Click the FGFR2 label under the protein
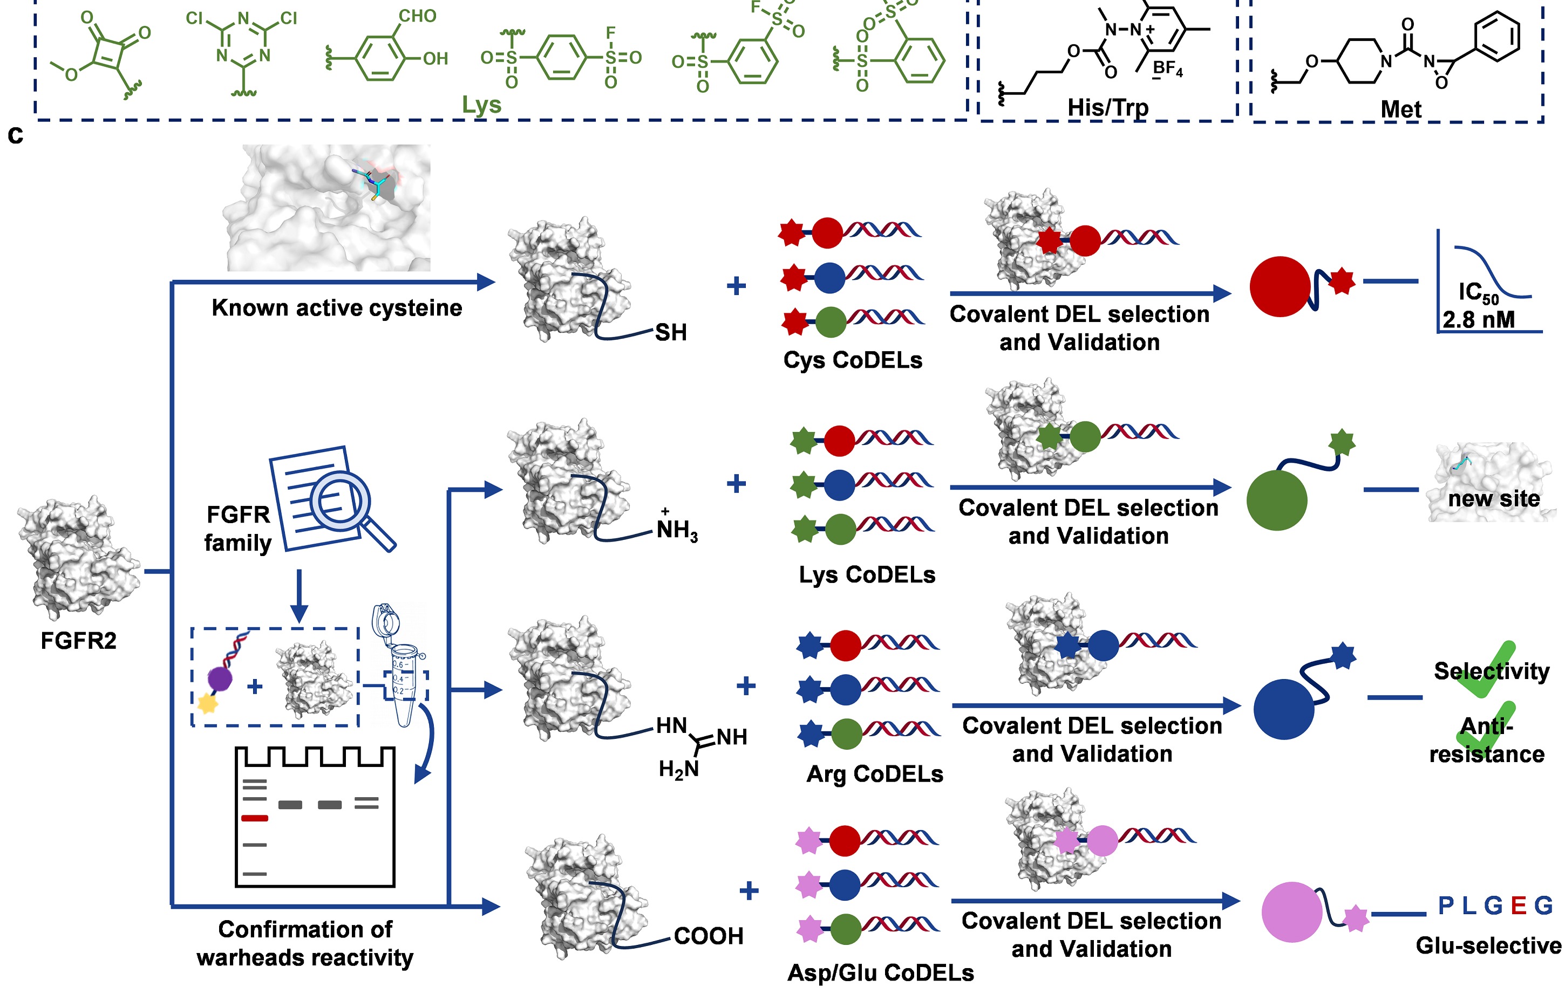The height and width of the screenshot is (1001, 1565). coord(78,641)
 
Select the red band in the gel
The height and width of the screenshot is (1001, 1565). coord(254,818)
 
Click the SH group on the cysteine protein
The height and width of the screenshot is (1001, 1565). coord(670,332)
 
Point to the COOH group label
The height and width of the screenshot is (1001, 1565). coord(708,936)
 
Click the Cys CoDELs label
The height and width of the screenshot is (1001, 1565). coord(853,360)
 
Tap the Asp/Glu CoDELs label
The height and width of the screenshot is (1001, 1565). coord(880,972)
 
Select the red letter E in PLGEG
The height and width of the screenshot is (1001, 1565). coord(1518,906)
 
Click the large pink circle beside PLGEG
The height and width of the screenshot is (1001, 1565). coord(1292,912)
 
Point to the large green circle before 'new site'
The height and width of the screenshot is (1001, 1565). coord(1276,501)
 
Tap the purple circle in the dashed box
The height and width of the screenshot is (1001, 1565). coord(220,679)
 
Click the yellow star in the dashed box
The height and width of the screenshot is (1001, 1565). coord(207,703)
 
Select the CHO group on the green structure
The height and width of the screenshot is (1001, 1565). coord(417,16)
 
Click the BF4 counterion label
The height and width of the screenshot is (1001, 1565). coord(1168,69)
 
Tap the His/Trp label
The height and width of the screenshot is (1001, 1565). coord(1108,107)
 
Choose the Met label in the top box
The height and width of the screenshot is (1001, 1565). coord(1401,109)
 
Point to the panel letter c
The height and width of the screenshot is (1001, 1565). coord(16,135)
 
